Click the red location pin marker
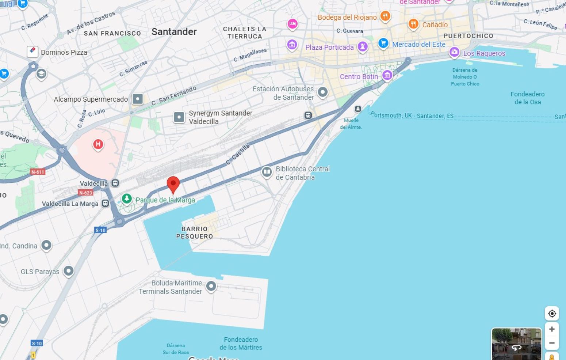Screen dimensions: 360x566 pos(173,183)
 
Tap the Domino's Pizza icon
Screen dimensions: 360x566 pos(32,51)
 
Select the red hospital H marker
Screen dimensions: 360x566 pos(98,144)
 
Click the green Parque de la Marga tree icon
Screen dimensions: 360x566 pos(127,198)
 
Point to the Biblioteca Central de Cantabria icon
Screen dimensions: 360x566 pos(267,172)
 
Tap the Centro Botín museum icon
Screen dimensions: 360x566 pos(387,75)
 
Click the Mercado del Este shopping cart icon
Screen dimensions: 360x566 pos(383,43)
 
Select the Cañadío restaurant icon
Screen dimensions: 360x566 pos(413,24)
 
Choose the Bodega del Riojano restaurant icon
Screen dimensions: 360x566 pos(385,16)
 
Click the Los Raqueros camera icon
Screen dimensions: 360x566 pos(454,52)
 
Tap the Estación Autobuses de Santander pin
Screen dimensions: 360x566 pos(322,92)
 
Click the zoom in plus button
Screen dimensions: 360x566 pos(552,329)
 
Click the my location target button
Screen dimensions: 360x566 pos(552,314)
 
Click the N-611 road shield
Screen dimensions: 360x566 pos(38,172)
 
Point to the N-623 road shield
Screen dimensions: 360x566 pos(86,193)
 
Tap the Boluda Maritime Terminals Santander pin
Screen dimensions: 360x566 pos(211,286)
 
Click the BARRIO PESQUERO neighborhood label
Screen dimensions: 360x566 pos(195,232)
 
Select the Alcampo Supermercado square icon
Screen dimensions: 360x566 pos(138,99)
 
